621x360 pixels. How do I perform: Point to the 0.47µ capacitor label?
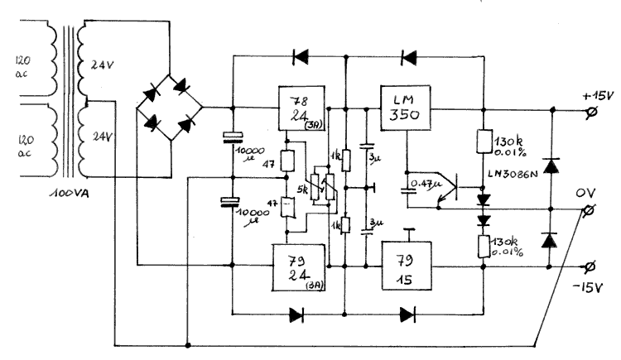[425, 175]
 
